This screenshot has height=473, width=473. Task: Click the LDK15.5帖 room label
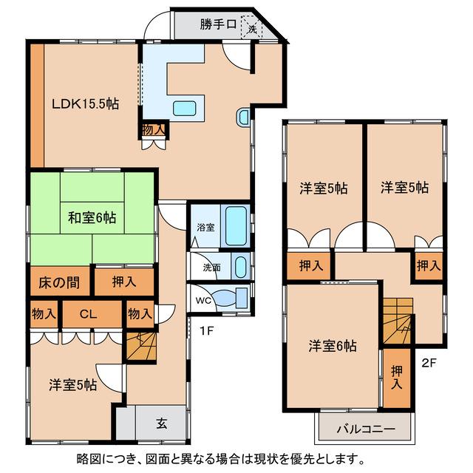(x=86, y=104)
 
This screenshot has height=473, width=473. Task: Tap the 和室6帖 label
(x=92, y=217)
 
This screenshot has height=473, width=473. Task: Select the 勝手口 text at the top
(x=218, y=24)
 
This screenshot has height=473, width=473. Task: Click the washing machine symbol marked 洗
(x=252, y=27)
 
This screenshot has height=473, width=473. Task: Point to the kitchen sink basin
(x=185, y=109)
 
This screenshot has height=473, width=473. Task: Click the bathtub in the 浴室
(x=236, y=226)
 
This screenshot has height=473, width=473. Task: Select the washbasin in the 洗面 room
(x=240, y=267)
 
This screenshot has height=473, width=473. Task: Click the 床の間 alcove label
(x=59, y=282)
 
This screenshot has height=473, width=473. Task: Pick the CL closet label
(x=88, y=314)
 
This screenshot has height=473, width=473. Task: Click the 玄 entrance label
(x=161, y=423)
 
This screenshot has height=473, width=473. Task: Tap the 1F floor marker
(x=207, y=331)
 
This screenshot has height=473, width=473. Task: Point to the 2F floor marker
(x=429, y=363)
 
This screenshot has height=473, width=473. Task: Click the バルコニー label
(x=366, y=429)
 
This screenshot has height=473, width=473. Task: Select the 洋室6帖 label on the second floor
(x=333, y=346)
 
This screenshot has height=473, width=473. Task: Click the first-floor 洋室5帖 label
(x=73, y=385)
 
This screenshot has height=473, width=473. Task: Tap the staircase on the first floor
(x=141, y=347)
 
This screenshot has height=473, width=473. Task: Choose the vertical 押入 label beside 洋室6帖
(x=397, y=378)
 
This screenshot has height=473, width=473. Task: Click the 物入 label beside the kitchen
(x=154, y=130)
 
